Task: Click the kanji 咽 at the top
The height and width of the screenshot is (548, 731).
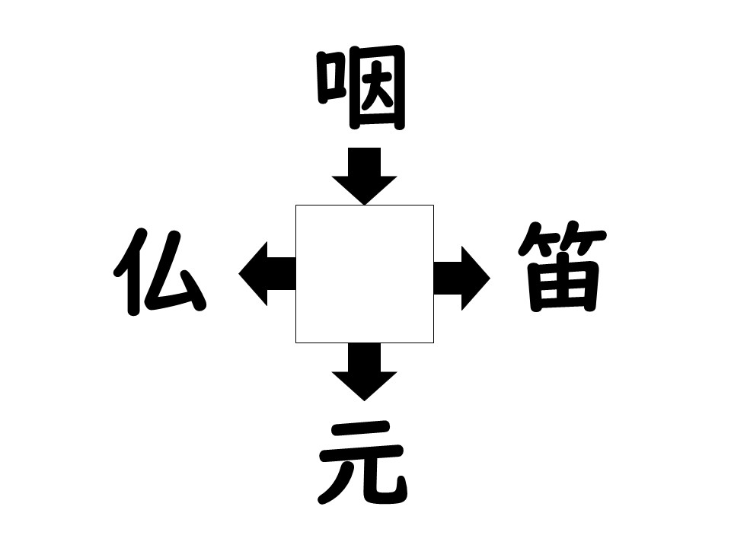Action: point(361,87)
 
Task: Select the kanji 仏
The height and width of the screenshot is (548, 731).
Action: point(159,272)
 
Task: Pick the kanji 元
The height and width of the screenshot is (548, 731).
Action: point(362,463)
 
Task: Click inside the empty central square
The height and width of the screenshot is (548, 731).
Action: point(365,274)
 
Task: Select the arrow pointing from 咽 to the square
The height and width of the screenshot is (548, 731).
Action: point(365,176)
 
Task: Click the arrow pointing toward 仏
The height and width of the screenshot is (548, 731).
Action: point(267,273)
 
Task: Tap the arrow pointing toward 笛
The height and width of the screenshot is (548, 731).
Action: point(462,279)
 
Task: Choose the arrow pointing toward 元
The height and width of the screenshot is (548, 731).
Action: point(365,372)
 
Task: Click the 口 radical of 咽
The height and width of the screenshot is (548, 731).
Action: point(331,78)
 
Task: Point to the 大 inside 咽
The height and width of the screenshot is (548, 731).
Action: point(377,88)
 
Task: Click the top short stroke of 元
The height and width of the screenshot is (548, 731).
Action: point(361,429)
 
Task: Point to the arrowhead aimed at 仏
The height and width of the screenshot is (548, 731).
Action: point(253,273)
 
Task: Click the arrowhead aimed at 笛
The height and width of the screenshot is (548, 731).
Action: point(476,279)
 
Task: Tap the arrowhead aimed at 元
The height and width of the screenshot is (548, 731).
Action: point(365,387)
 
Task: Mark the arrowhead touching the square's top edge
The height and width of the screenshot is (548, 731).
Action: point(365,190)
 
